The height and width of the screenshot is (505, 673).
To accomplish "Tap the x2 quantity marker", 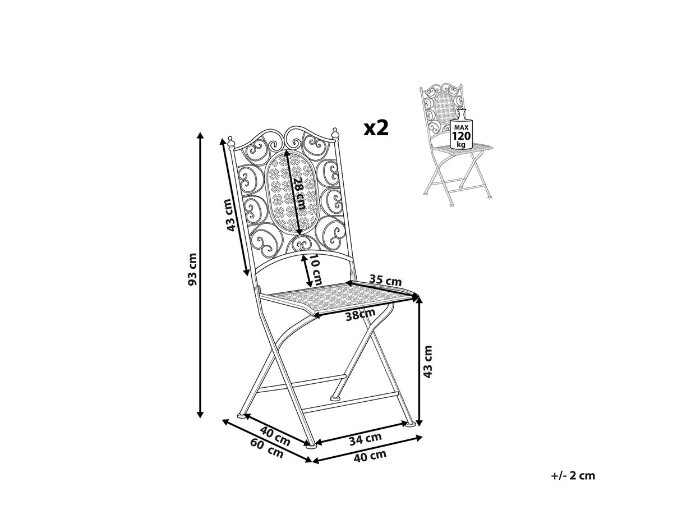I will [x=376, y=128].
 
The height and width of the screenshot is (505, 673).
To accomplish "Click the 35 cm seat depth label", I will [x=385, y=279].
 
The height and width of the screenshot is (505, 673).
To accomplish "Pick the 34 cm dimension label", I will [x=365, y=437].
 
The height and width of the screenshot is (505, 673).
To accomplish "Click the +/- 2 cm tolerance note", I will [x=573, y=476].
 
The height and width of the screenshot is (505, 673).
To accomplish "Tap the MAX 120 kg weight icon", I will [x=462, y=130].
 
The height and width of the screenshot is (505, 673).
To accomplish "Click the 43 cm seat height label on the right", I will [x=428, y=361].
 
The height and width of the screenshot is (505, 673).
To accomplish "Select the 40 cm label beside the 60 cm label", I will [x=275, y=436].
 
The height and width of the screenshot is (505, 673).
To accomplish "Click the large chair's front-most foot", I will [x=310, y=447].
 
